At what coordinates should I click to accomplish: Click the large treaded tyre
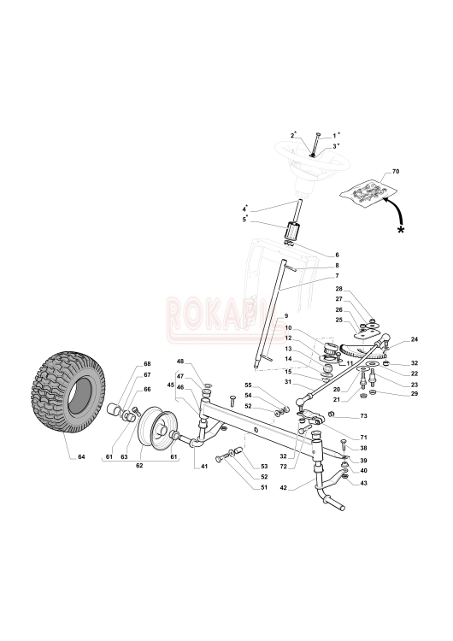(x=68, y=391)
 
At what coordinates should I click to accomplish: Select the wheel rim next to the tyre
(x=156, y=426)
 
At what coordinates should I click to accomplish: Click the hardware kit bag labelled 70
(x=368, y=191)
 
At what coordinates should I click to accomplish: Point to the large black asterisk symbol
(x=401, y=230)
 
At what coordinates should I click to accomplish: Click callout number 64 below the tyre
(x=82, y=456)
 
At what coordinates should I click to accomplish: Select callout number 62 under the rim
(x=139, y=466)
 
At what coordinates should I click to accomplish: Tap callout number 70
(x=396, y=172)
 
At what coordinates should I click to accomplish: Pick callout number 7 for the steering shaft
(x=338, y=276)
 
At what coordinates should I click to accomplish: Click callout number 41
(x=204, y=466)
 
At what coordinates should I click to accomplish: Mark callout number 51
(x=264, y=487)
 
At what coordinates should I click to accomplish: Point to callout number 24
(x=415, y=339)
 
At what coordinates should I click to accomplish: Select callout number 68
(x=147, y=364)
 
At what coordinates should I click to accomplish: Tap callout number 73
(x=363, y=416)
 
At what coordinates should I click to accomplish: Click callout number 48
(x=180, y=361)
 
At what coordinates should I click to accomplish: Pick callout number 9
(x=286, y=316)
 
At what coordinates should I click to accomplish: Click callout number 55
(x=249, y=385)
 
